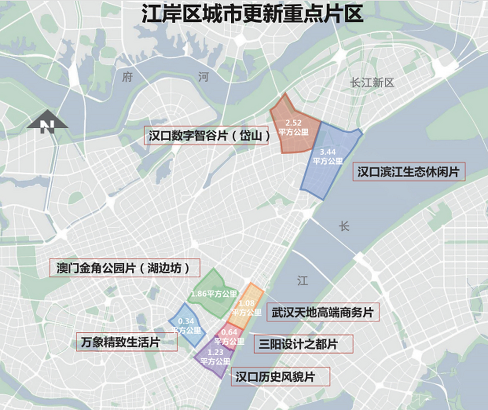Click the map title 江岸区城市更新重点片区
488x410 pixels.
pos(252,14)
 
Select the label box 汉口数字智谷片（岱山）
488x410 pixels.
pos(206,135)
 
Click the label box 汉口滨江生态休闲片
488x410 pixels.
pos(409,172)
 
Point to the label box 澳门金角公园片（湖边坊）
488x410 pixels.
pos(125,268)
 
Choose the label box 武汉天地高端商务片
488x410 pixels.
pos(323,312)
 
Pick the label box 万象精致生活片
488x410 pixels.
pos(127,342)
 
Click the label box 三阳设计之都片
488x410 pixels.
pos(303,344)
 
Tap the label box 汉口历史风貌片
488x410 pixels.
pos(280,377)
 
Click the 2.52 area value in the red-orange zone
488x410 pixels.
pos(294,123)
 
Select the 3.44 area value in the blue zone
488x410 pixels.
pos(328,152)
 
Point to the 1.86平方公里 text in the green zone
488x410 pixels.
pos(214,294)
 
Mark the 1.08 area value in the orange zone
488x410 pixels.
pos(246,303)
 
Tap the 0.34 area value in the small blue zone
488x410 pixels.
pos(186,321)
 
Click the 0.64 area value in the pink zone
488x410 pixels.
pos(229,332)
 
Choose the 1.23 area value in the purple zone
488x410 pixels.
pos(215,352)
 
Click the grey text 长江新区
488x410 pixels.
pos(372,83)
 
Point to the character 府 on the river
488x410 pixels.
pos(127,77)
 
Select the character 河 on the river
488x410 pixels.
pos(203,77)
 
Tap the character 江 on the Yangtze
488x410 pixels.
pos(302,281)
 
